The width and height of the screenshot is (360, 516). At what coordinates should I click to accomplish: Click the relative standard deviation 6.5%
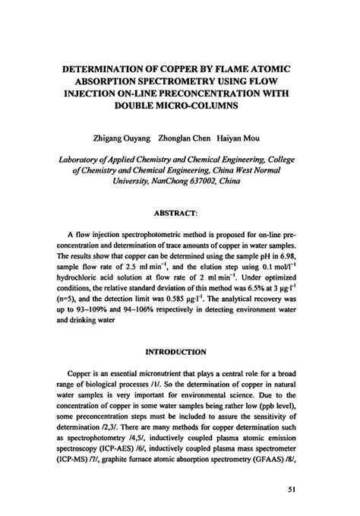click(245, 290)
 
